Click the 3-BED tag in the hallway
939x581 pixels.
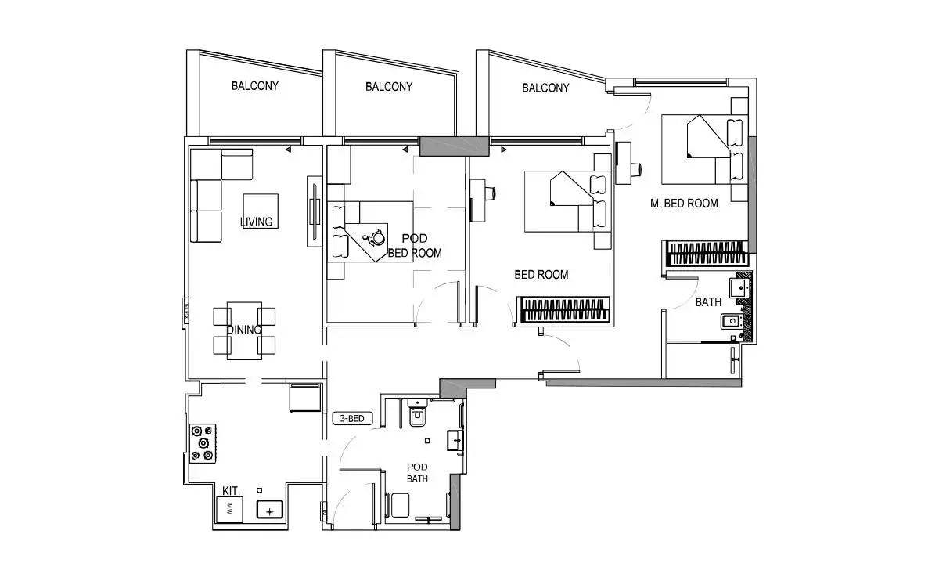(x=352, y=418)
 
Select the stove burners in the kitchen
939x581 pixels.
(x=203, y=443)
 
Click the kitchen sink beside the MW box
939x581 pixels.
(x=269, y=510)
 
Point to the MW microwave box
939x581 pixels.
(x=229, y=509)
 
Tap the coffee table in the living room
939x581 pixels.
(x=261, y=211)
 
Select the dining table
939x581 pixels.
(x=244, y=330)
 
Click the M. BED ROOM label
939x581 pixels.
(x=684, y=204)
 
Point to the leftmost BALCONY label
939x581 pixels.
(x=255, y=86)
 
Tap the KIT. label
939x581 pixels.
(x=231, y=490)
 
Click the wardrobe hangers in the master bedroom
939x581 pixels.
(x=706, y=254)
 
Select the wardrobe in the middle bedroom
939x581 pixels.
(x=565, y=309)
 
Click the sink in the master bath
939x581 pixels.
(x=740, y=288)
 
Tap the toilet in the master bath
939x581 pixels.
(x=732, y=321)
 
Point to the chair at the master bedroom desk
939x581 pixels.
(x=636, y=169)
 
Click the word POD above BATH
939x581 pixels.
(x=417, y=467)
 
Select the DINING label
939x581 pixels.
(x=244, y=330)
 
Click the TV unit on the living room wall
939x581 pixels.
(x=315, y=211)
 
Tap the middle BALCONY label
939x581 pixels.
(x=389, y=87)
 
